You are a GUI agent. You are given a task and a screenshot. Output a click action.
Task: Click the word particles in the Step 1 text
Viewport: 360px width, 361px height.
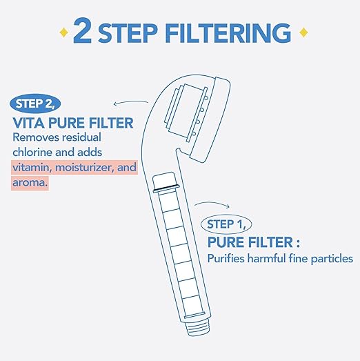pyautogui.click(x=330, y=259)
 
